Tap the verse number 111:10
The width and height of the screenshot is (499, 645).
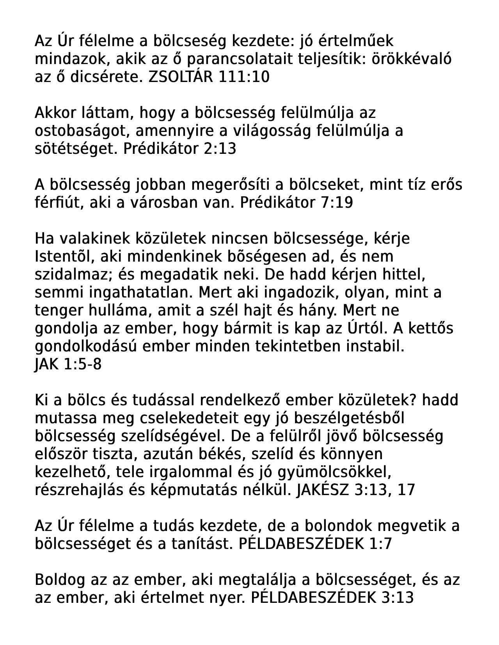pos(244,77)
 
